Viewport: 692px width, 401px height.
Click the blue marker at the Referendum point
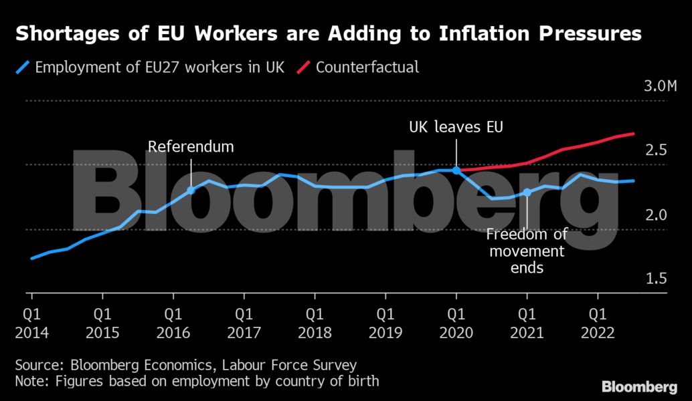pyautogui.click(x=191, y=190)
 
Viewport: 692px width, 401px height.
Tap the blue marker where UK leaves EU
pyautogui.click(x=456, y=170)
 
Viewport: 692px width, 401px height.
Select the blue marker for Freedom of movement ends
pyautogui.click(x=527, y=192)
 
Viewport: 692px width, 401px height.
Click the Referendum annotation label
pyautogui.click(x=191, y=146)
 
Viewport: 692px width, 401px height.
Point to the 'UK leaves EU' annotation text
pyautogui.click(x=456, y=127)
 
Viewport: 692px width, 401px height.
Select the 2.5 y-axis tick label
pyautogui.click(x=657, y=150)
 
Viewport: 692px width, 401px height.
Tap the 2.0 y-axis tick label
pyautogui.click(x=657, y=215)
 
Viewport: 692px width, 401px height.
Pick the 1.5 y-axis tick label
pyautogui.click(x=657, y=278)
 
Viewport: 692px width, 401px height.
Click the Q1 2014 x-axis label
pyautogui.click(x=31, y=323)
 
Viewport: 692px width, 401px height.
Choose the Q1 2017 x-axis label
pyautogui.click(x=244, y=323)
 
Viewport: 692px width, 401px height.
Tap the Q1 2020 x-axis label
pyautogui.click(x=456, y=323)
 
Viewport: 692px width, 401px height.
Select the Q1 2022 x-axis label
pyautogui.click(x=598, y=323)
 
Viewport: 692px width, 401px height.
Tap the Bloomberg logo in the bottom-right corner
pyautogui.click(x=639, y=387)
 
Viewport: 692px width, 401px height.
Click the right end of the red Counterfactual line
pyautogui.click(x=633, y=134)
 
